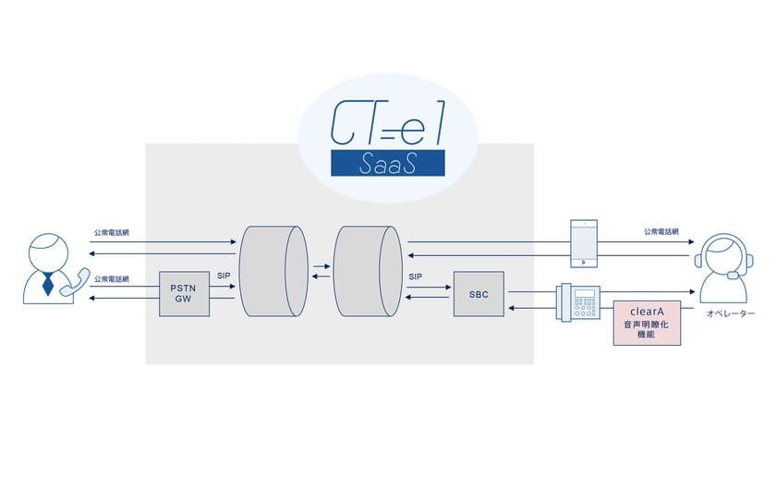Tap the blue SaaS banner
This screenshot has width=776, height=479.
[387, 164]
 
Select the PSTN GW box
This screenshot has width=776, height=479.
[183, 294]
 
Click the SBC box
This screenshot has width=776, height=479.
[478, 294]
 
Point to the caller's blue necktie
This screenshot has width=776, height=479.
[48, 285]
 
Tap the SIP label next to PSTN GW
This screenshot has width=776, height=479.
[224, 276]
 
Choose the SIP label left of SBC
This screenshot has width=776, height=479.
[415, 276]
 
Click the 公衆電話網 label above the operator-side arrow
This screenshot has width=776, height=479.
[663, 232]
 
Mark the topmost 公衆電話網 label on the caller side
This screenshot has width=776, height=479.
[112, 232]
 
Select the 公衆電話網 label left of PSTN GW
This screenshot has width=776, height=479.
[112, 278]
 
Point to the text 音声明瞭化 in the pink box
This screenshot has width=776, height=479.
[647, 326]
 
